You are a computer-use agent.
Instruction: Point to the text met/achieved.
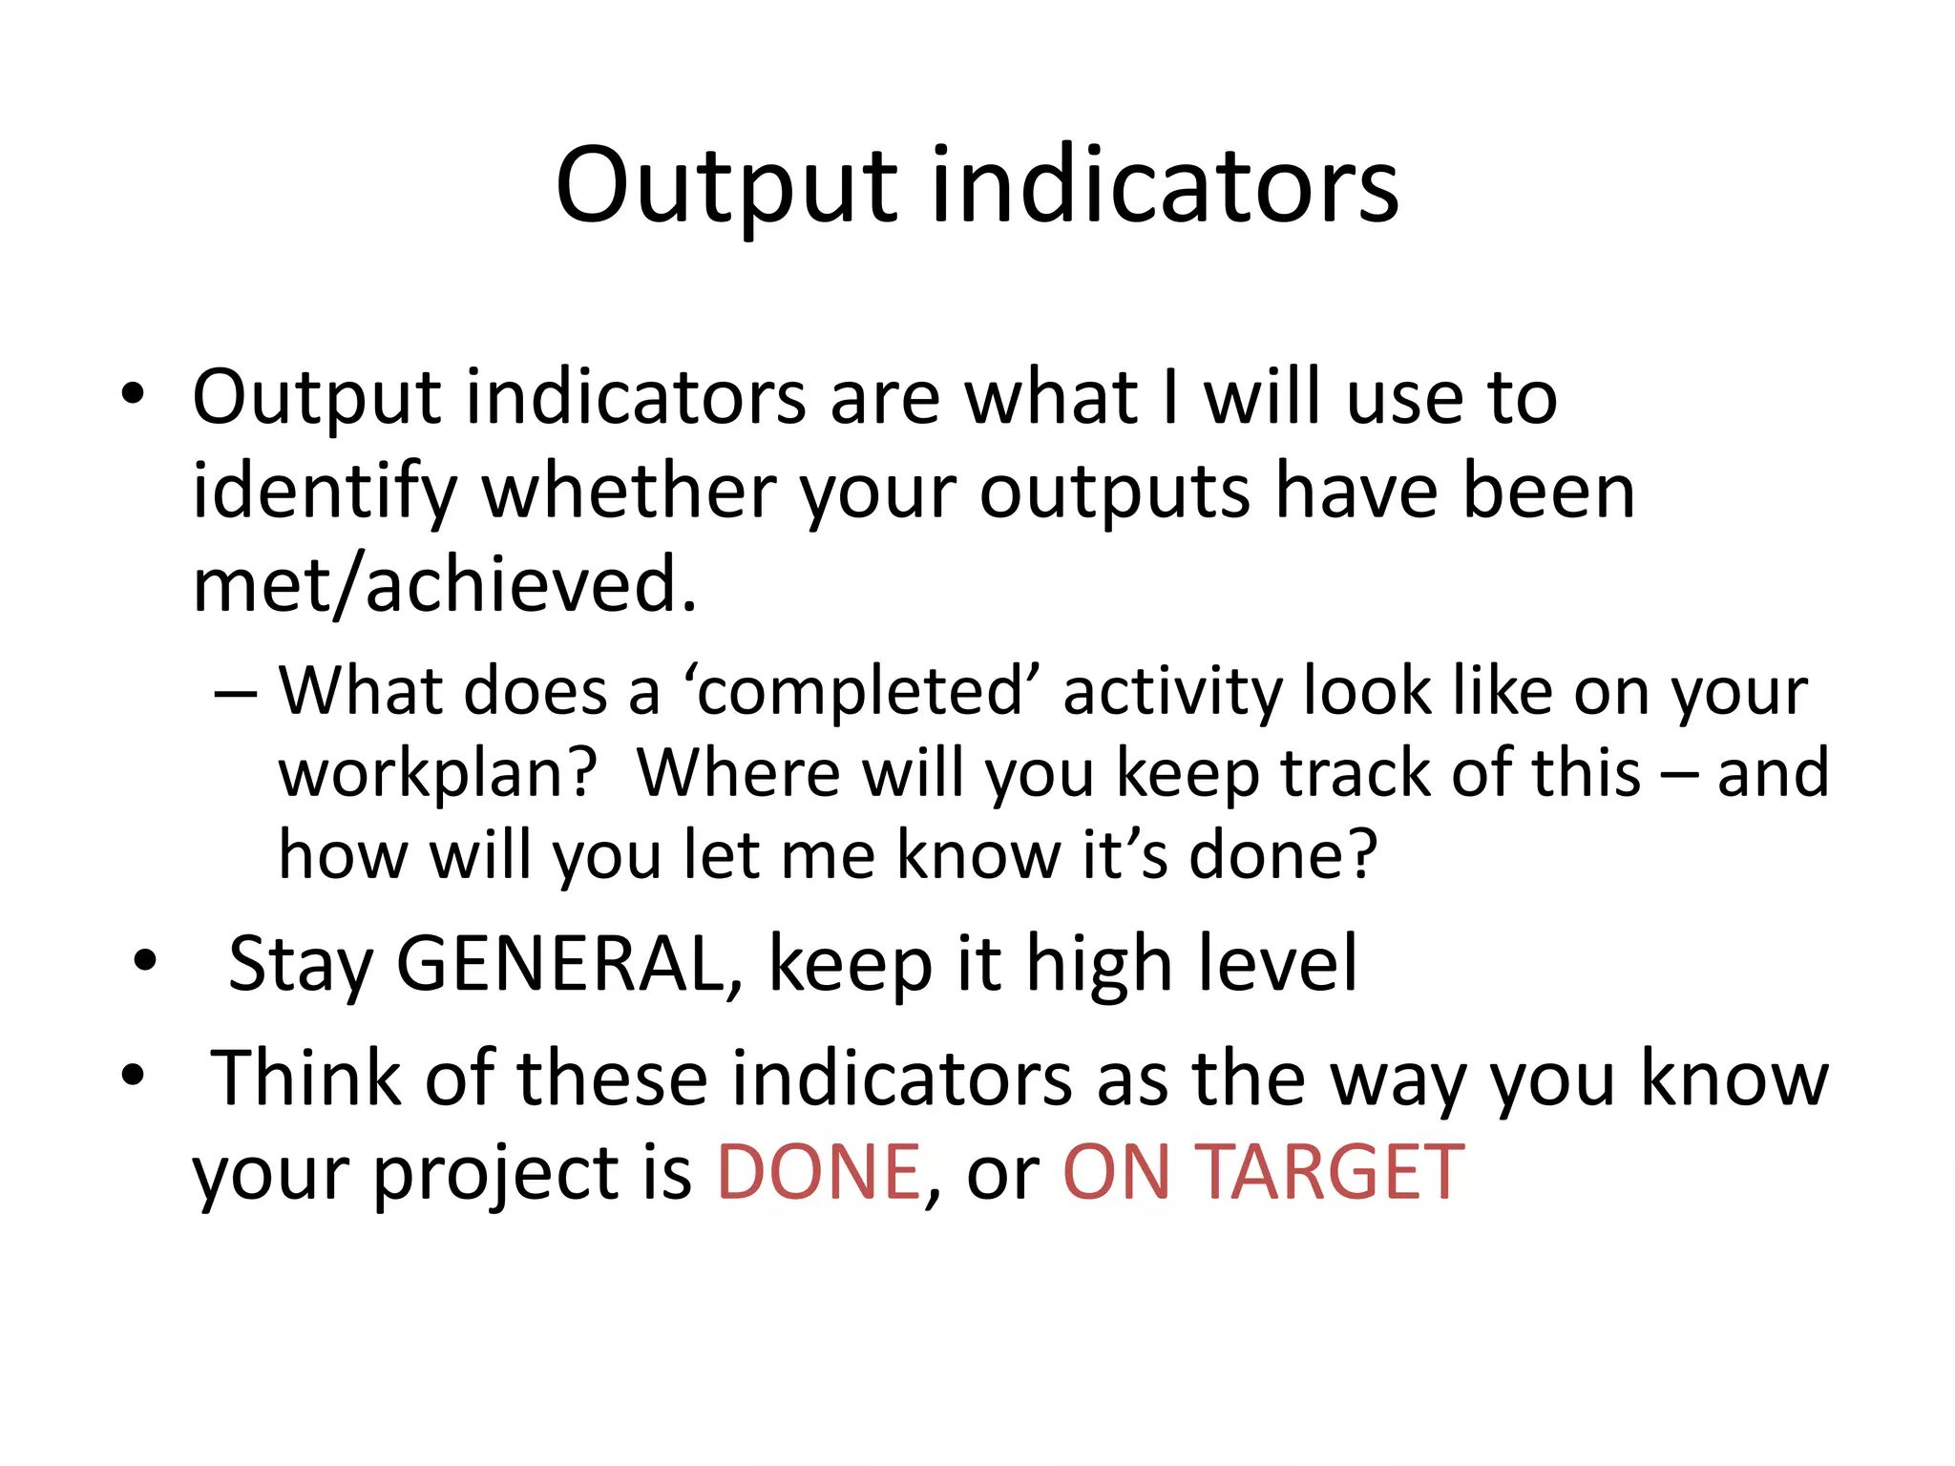[444, 584]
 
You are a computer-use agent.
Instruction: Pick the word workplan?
[437, 774]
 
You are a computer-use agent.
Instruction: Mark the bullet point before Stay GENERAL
[145, 960]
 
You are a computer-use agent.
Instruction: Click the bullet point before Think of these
[133, 1075]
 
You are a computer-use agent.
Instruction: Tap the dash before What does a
[236, 691]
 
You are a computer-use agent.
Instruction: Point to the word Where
[738, 772]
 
